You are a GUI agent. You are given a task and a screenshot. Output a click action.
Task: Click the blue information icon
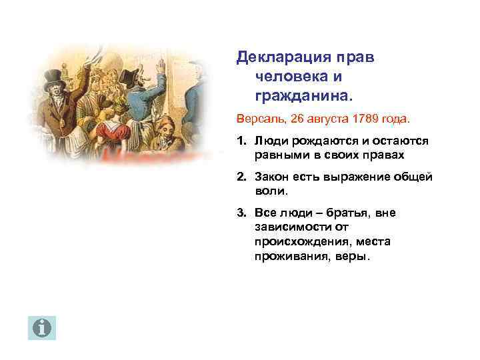tap(42, 327)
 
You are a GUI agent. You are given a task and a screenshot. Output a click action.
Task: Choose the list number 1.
tap(240, 141)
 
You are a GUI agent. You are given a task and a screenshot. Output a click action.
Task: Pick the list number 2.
tap(240, 177)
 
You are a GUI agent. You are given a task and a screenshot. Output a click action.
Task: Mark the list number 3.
tap(240, 213)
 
